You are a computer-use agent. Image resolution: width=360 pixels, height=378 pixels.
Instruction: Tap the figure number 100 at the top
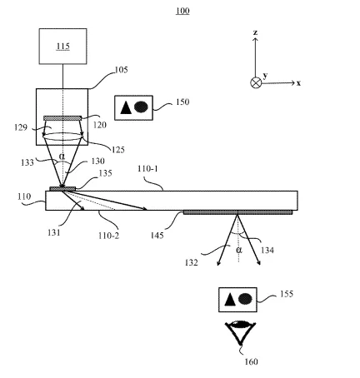[182, 11]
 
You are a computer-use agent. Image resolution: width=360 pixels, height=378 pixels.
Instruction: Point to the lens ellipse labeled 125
[62, 137]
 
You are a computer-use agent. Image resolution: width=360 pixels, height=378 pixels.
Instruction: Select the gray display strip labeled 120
[62, 118]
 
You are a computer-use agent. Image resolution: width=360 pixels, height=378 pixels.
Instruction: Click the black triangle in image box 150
[126, 107]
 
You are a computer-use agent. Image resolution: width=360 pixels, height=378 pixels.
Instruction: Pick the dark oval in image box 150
[141, 107]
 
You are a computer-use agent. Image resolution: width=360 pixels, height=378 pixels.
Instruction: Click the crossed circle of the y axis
[256, 82]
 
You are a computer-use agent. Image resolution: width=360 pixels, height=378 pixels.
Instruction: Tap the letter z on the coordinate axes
[255, 32]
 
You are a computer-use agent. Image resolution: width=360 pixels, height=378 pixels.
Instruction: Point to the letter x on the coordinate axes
[298, 83]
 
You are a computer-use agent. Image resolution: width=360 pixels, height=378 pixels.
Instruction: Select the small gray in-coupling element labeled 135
[62, 189]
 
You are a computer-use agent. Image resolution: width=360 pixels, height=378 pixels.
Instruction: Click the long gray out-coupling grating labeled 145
[237, 212]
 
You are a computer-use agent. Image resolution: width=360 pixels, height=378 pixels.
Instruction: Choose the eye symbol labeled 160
[240, 332]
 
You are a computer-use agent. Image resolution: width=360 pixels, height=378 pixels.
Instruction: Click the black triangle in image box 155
[230, 299]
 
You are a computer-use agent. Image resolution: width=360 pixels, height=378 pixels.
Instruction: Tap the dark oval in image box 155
[245, 299]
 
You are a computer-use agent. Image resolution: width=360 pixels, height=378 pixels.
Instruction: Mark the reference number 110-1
[147, 168]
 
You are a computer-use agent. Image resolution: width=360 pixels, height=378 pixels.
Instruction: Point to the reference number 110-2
[108, 236]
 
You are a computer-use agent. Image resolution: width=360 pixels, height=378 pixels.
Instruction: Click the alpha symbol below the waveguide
[239, 250]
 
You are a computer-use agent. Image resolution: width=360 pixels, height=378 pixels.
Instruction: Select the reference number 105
[122, 70]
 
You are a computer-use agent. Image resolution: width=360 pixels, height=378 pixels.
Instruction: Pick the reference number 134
[267, 251]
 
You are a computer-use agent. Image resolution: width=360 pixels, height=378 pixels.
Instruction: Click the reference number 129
[21, 127]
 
